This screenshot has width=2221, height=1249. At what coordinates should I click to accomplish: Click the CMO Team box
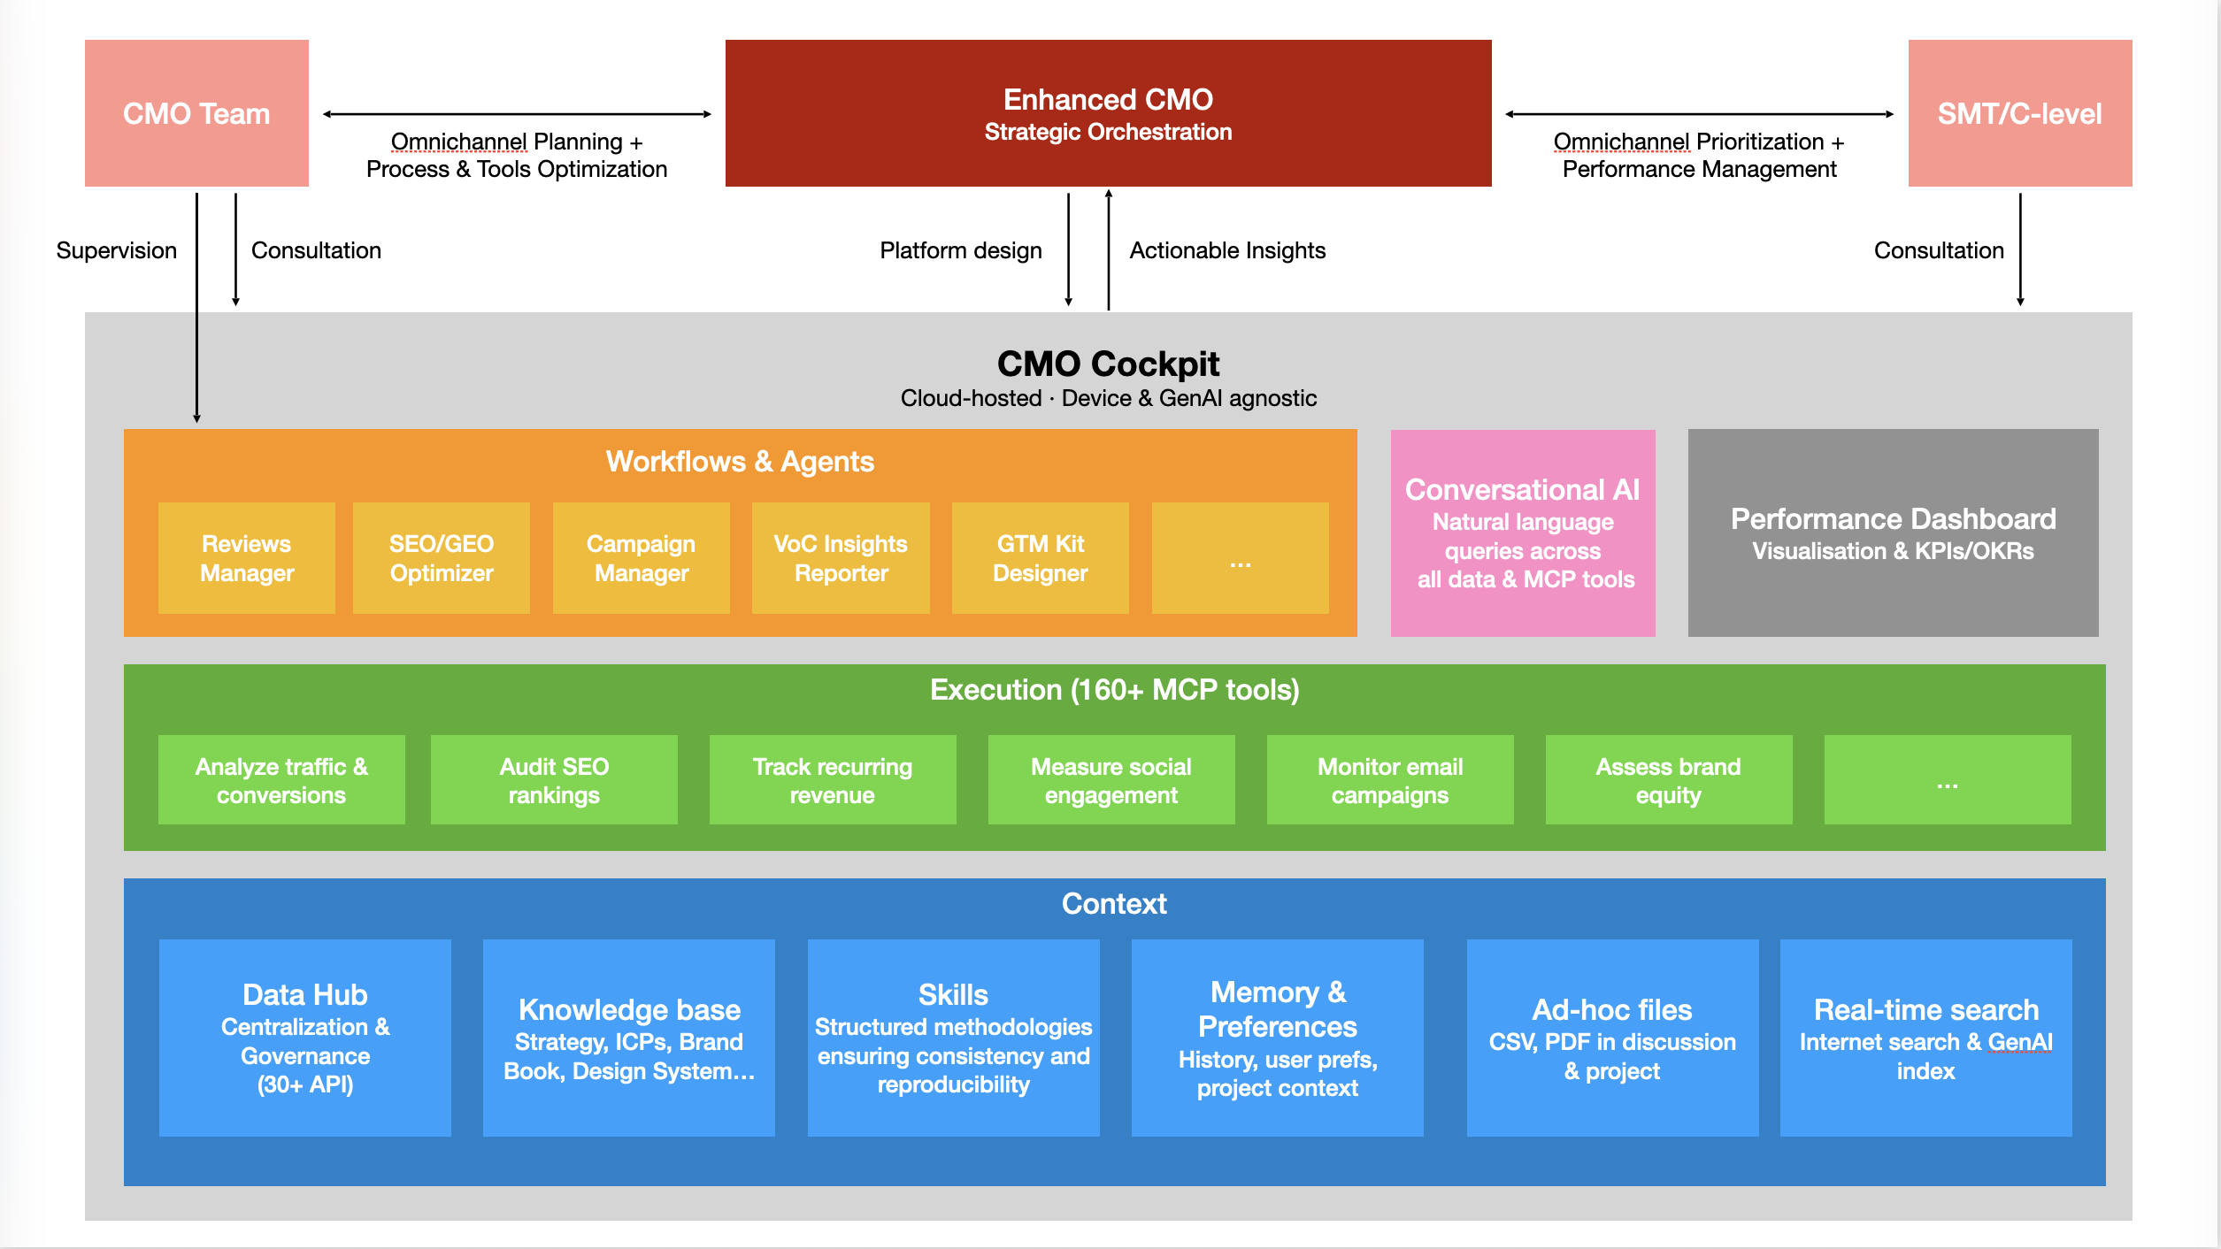click(x=196, y=113)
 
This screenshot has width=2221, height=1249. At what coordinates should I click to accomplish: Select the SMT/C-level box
click(x=2019, y=113)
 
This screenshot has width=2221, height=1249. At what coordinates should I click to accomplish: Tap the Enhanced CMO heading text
click(x=1108, y=99)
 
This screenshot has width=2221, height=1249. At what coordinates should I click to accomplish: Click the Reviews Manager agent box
click(x=246, y=558)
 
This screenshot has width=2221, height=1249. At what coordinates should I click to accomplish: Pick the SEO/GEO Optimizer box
click(x=441, y=558)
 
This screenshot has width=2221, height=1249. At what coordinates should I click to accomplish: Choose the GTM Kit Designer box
click(x=1040, y=558)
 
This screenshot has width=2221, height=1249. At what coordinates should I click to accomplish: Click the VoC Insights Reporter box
click(x=840, y=558)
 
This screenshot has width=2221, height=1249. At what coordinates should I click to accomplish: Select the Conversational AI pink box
click(x=1522, y=533)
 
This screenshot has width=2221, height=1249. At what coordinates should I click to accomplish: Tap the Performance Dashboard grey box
click(x=1893, y=533)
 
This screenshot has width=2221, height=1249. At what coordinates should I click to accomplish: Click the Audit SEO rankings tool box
click(x=554, y=780)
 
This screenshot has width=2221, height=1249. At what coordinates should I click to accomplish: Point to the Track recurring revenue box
click(x=832, y=780)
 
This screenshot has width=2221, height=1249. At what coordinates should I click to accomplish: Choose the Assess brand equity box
click(x=1668, y=780)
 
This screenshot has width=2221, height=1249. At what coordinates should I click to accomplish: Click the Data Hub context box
click(x=304, y=1038)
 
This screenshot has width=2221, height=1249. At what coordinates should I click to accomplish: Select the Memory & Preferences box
click(x=1277, y=1038)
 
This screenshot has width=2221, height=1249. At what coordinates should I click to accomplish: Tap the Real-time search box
click(x=1925, y=1038)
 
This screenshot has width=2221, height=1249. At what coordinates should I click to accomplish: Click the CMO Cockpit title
click(x=1108, y=364)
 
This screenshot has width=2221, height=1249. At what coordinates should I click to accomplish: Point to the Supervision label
click(x=116, y=250)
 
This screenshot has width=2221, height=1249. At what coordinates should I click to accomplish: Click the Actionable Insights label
click(x=1227, y=250)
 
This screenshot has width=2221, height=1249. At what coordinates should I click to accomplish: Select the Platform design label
click(x=960, y=250)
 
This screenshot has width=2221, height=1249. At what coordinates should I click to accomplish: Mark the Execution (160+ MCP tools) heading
click(x=1114, y=689)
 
